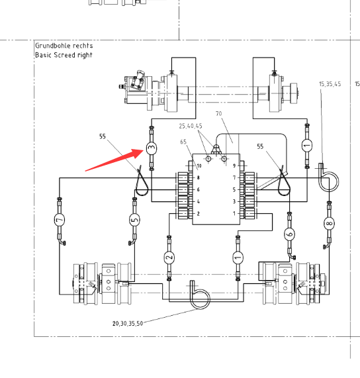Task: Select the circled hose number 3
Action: (152, 148)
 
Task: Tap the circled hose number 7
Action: (60, 220)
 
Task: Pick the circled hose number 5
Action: (135, 220)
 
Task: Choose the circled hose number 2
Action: (169, 258)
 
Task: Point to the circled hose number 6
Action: (290, 234)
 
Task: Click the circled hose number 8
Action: (329, 224)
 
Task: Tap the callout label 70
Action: (219, 113)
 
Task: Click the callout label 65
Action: (183, 142)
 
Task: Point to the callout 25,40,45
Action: (191, 126)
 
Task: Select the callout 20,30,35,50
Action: (128, 323)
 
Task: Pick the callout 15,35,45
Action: (330, 84)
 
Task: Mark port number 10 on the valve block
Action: (199, 166)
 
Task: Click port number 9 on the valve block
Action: (234, 166)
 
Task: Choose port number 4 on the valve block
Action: (198, 201)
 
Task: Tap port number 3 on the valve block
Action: (234, 201)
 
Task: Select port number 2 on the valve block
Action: (198, 214)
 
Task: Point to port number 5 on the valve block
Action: (234, 190)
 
